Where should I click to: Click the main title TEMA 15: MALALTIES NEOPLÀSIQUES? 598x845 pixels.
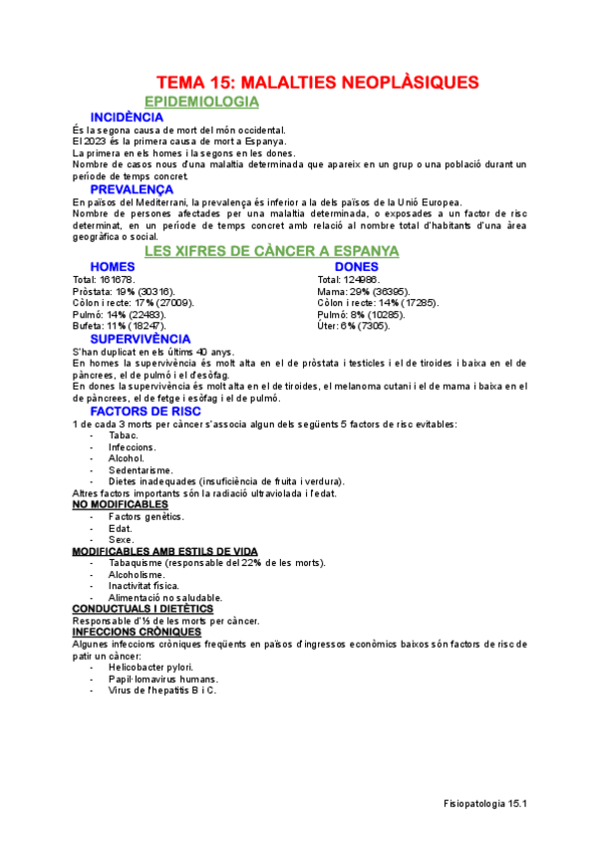tap(318, 82)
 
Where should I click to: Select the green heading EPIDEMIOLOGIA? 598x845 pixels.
tap(201, 102)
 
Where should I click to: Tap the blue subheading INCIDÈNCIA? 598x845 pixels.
tap(128, 118)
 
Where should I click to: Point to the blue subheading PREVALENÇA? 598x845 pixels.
tap(132, 189)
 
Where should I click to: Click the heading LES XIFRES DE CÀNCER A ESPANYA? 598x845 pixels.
tap(272, 251)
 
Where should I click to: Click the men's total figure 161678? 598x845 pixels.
tap(118, 280)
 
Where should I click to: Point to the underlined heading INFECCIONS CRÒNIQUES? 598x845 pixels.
tap(137, 632)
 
